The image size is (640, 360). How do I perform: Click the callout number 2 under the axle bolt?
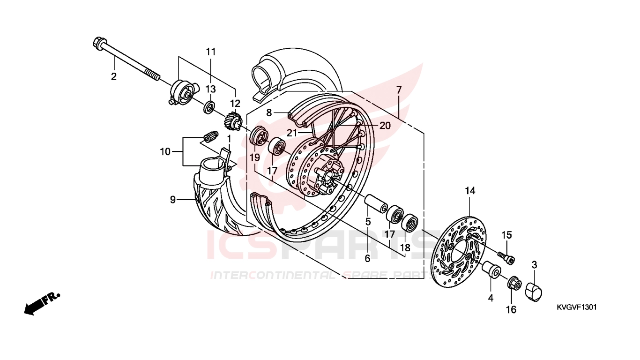pyautogui.click(x=114, y=76)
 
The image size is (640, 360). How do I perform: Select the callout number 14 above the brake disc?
pyautogui.click(x=470, y=191)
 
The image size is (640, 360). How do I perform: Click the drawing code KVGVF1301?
pyautogui.click(x=576, y=307)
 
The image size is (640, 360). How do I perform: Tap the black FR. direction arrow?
pyautogui.click(x=42, y=304)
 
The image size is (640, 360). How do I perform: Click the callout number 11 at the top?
pyautogui.click(x=211, y=52)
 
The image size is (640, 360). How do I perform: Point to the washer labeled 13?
pyautogui.click(x=210, y=107)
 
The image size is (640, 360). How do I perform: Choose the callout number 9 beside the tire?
pyautogui.click(x=172, y=200)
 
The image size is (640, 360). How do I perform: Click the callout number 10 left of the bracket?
pyautogui.click(x=165, y=152)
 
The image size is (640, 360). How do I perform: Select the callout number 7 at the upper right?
pyautogui.click(x=399, y=90)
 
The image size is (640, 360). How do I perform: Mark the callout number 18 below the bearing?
pyautogui.click(x=405, y=247)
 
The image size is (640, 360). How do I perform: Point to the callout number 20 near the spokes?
pyautogui.click(x=385, y=125)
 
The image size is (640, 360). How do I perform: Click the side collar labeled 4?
pyautogui.click(x=491, y=270)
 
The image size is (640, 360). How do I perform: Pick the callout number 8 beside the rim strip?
pyautogui.click(x=269, y=113)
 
